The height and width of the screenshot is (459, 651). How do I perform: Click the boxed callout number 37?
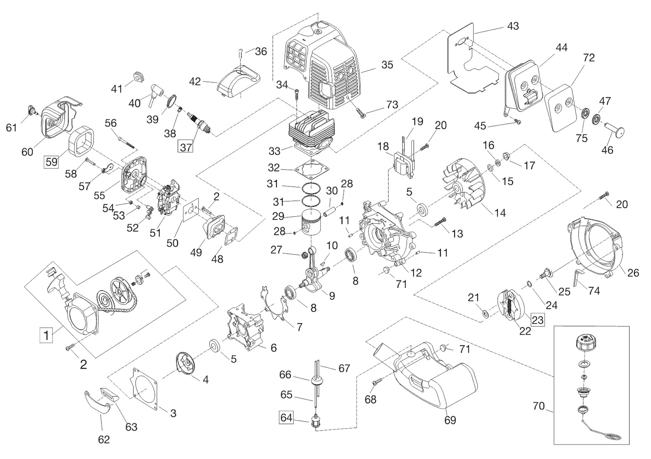pos(186,147)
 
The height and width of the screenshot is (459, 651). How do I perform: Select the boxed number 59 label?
pos(51,162)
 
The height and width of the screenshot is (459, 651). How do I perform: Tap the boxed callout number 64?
pos(286,417)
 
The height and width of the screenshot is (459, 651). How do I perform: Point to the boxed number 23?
pos(538,320)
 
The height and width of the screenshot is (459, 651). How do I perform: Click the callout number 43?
pos(513,26)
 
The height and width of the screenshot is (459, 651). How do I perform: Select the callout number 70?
pos(539,406)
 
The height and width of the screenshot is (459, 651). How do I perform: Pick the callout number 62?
pos(104,439)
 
